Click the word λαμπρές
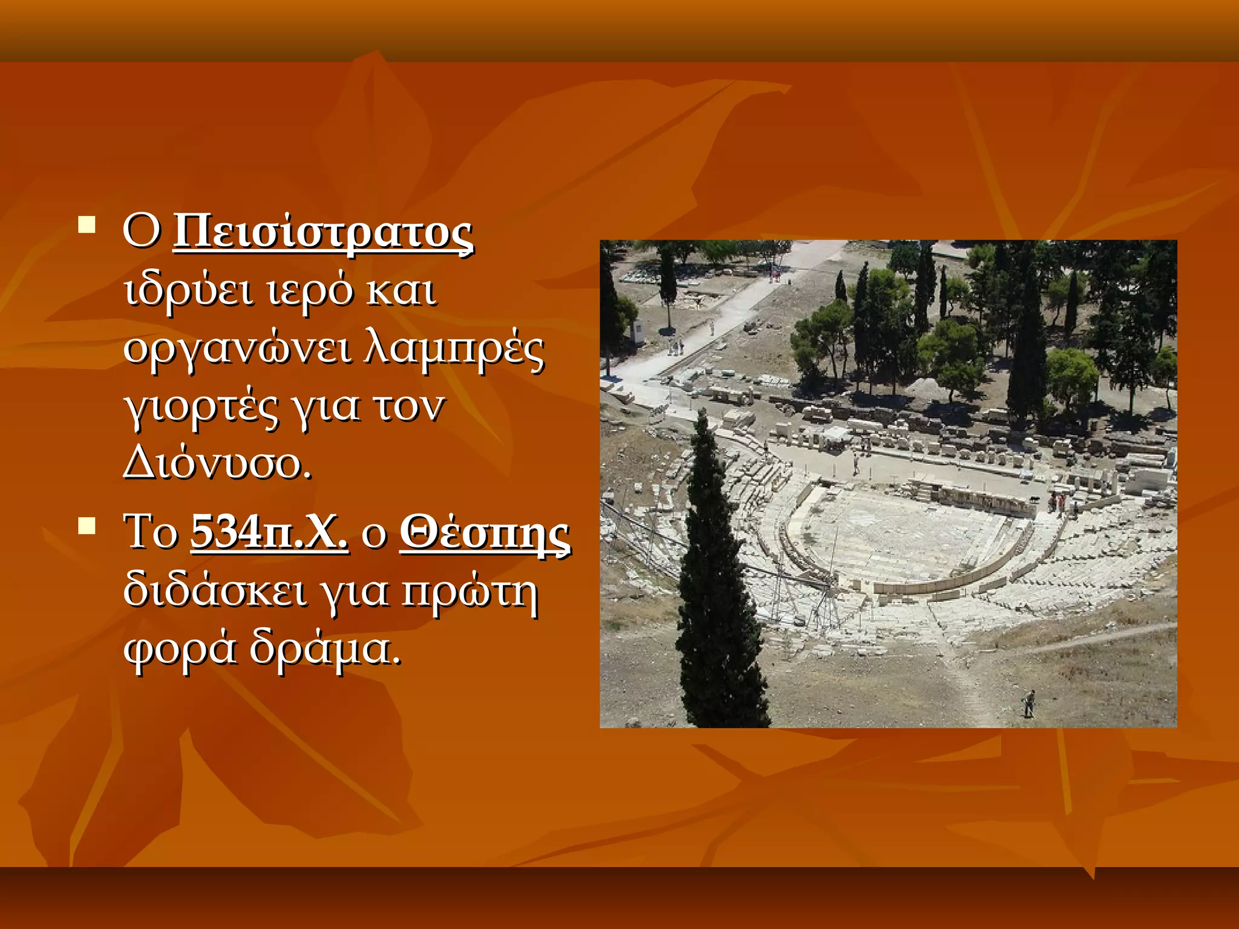454,349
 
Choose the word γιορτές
201,407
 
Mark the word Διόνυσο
217,464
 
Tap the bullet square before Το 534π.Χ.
87,526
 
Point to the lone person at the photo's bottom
1029,703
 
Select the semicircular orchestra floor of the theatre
901,538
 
